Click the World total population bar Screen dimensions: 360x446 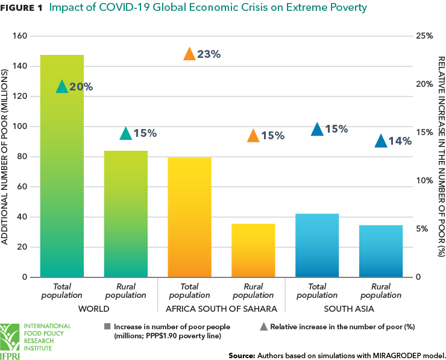point(61,166)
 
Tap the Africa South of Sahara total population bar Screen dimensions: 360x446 point(189,217)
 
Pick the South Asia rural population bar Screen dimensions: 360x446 point(381,251)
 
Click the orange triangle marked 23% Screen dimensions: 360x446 point(189,54)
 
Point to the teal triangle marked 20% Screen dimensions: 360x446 point(61,87)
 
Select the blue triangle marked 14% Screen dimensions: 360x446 point(381,142)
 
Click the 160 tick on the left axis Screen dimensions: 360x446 point(20,36)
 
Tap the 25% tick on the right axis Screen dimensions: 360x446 point(425,36)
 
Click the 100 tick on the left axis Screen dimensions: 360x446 point(20,127)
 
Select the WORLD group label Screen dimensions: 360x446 point(93,309)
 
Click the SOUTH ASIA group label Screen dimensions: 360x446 point(349,309)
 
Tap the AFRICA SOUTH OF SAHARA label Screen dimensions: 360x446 point(221,309)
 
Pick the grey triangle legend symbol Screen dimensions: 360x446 point(263,326)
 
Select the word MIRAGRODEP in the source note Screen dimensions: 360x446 point(392,355)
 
